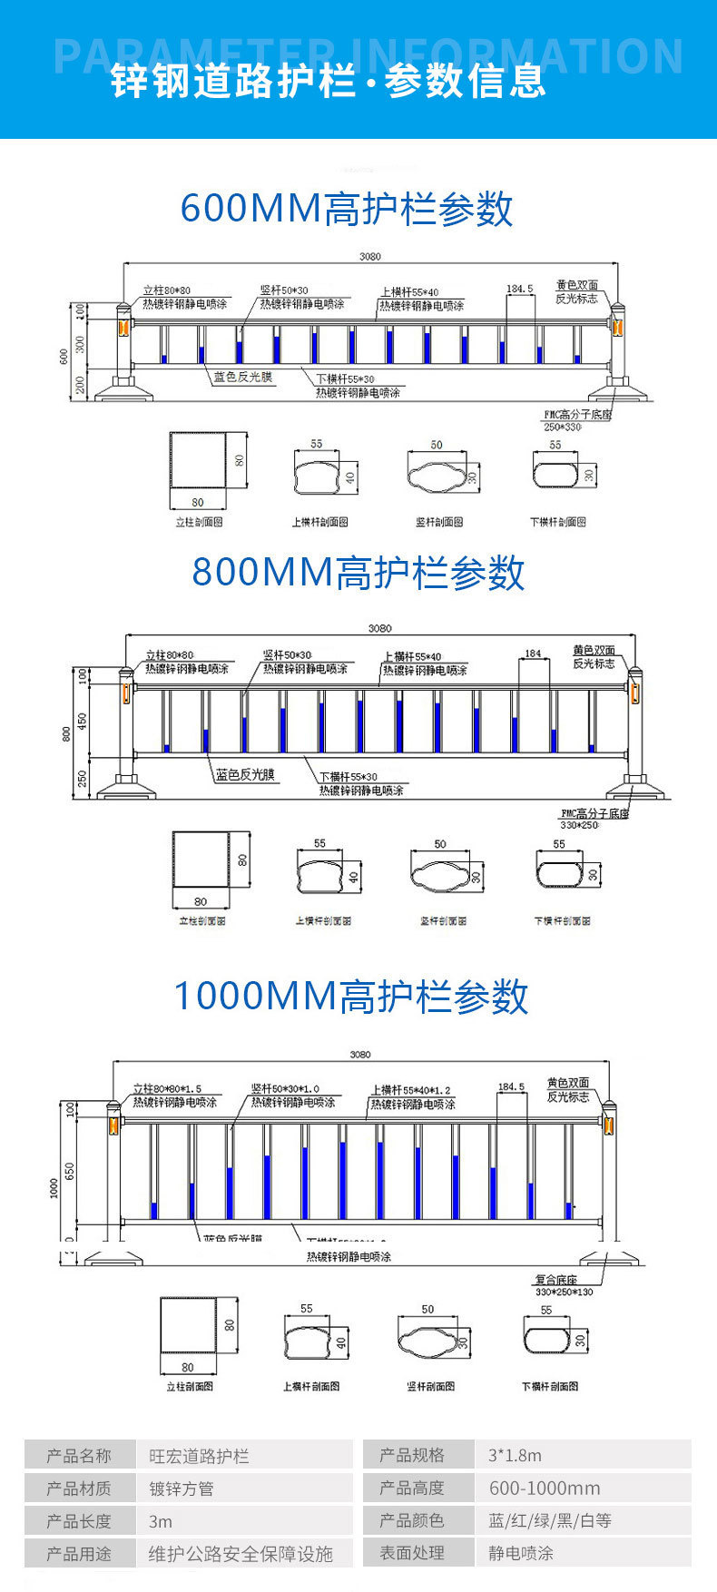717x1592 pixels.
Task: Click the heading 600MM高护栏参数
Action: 347,209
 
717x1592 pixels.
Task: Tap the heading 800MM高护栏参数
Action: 358,573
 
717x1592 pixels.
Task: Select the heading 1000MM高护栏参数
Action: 351,996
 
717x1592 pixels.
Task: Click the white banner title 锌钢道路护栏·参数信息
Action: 329,81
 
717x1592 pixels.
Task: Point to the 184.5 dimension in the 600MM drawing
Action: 519,289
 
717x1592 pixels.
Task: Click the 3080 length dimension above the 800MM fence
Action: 379,628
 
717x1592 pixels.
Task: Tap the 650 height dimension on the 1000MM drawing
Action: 70,1172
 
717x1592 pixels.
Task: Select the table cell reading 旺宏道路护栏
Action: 199,1456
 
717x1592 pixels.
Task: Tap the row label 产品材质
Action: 79,1489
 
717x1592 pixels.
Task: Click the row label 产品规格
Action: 412,1456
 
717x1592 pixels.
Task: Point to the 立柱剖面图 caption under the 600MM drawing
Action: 199,522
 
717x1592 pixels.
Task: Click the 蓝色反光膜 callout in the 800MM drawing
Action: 245,775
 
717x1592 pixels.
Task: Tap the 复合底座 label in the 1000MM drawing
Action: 555,1280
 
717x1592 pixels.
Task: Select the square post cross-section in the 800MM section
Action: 201,860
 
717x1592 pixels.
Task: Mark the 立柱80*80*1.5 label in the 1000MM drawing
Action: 167,1088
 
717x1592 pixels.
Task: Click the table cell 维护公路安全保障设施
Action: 241,1554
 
